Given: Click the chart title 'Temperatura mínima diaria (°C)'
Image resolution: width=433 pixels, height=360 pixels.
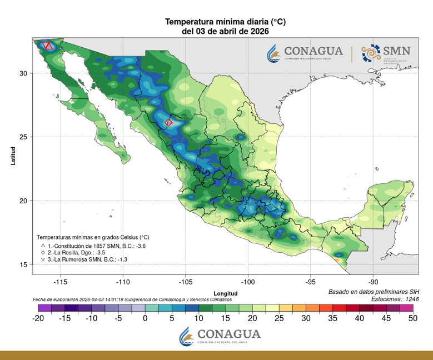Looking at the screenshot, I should click(x=225, y=22).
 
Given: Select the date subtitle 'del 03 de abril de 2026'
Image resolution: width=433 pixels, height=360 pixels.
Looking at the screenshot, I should click(x=225, y=32).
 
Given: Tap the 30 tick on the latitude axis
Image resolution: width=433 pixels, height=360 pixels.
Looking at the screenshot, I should click(x=23, y=73).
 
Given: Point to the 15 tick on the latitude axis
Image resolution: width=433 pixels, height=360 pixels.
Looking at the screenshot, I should click(x=23, y=264).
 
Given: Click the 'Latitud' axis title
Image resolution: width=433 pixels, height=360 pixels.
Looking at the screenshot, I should click(x=12, y=156).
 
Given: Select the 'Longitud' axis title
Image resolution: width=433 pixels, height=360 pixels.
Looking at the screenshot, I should click(x=225, y=293).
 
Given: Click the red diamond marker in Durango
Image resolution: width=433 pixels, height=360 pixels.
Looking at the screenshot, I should click(x=169, y=122).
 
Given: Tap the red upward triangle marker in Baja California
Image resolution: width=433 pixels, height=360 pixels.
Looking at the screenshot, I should click(x=49, y=46).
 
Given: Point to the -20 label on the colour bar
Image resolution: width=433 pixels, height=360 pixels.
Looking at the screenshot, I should click(x=38, y=318).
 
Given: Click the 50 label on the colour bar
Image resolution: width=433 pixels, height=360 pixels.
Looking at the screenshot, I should click(x=412, y=318).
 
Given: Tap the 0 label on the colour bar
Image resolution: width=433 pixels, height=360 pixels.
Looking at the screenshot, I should click(x=145, y=318).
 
